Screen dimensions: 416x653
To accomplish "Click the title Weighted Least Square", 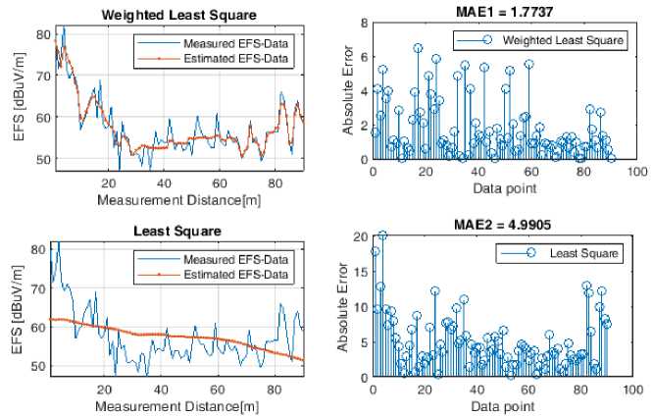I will [179, 14].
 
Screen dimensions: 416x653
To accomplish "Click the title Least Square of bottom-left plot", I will [179, 231].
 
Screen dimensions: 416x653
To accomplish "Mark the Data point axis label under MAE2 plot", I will [502, 403].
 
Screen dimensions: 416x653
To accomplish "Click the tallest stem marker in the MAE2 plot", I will [382, 235].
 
